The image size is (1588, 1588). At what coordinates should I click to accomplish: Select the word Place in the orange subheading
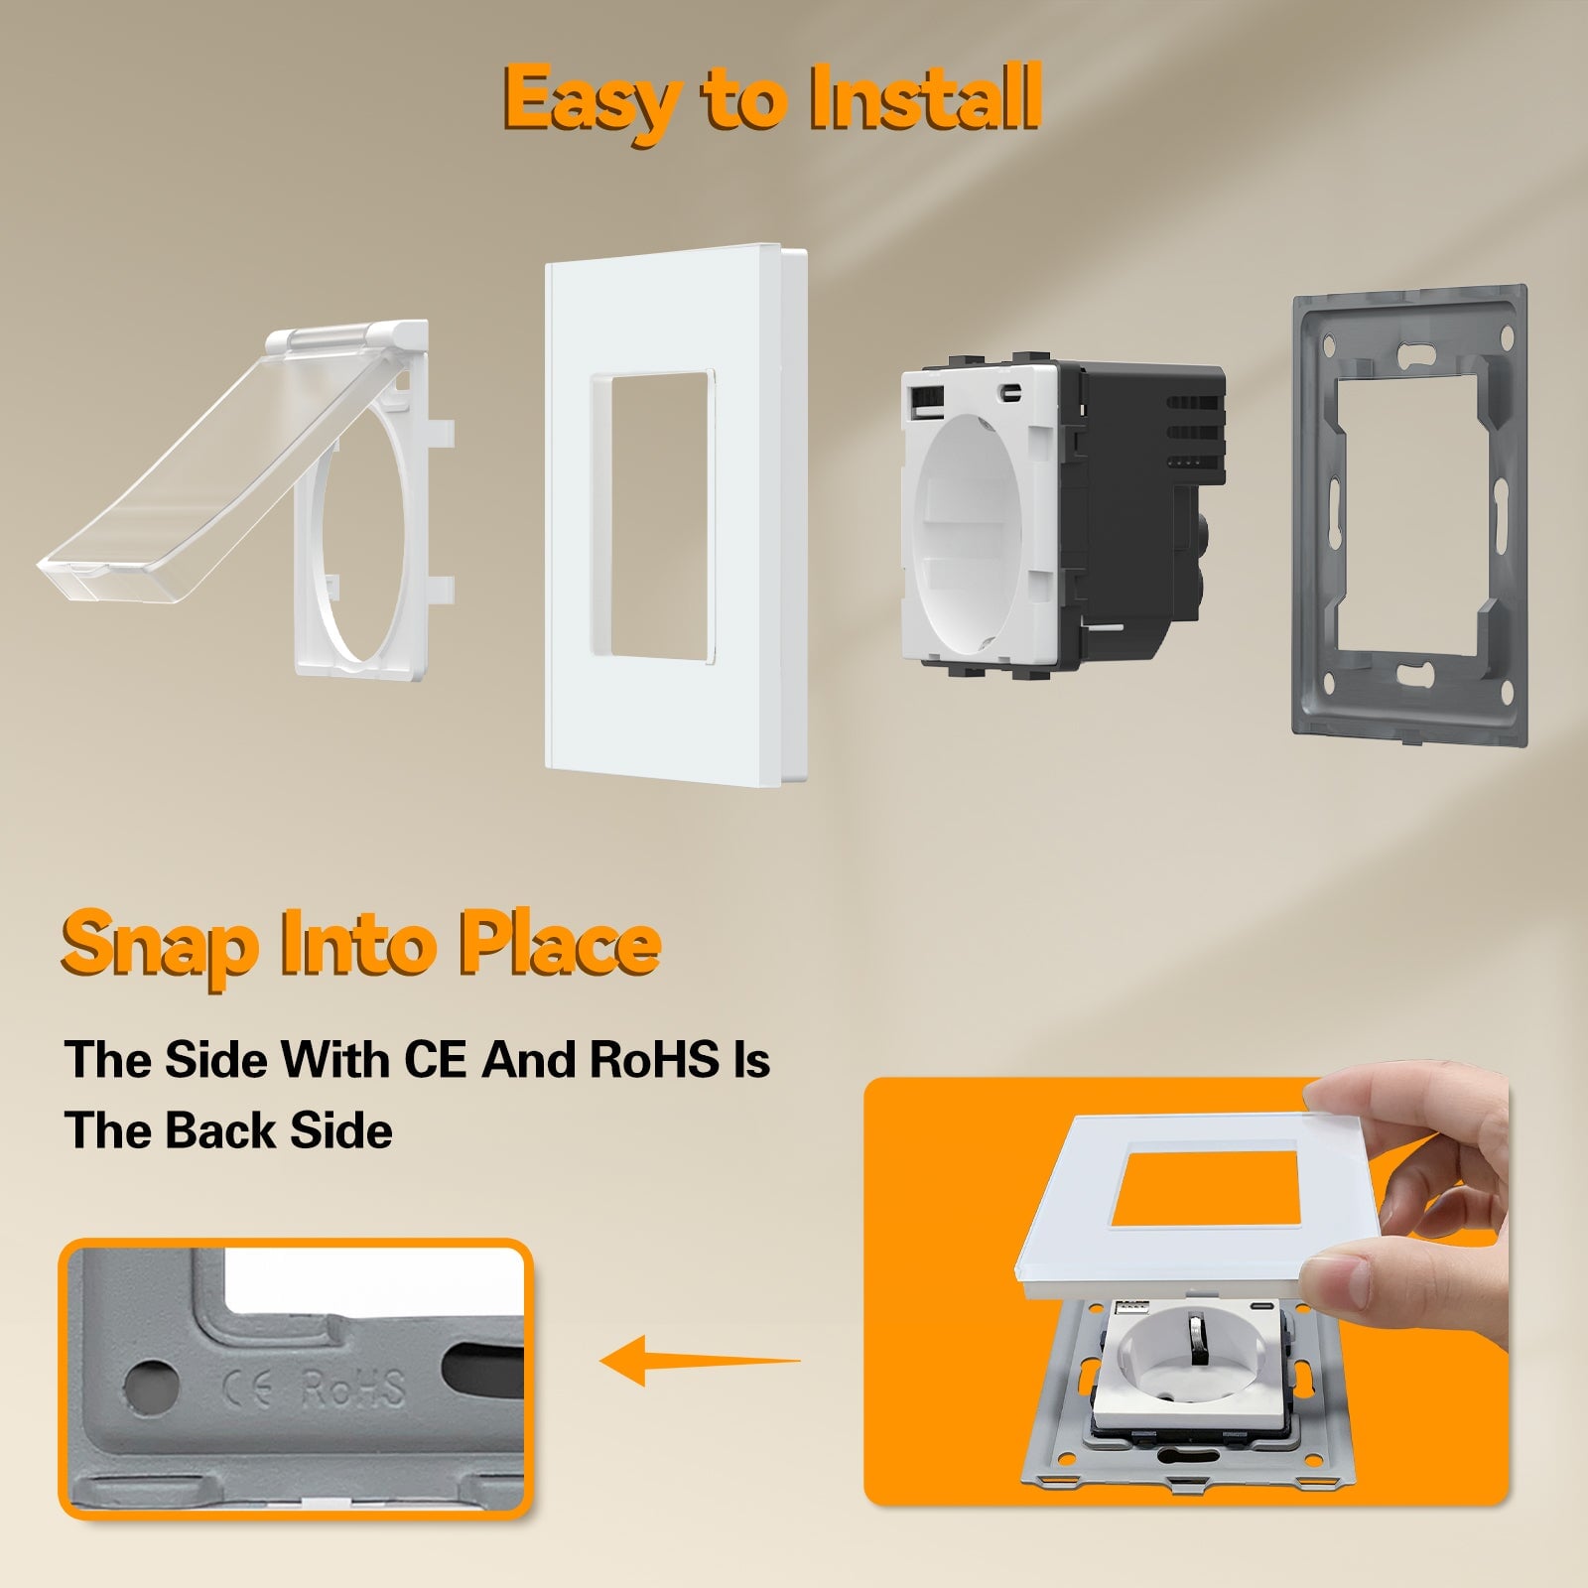click(560, 942)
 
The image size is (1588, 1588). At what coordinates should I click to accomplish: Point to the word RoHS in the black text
click(654, 1059)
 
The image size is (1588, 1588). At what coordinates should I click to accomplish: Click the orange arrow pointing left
click(700, 1359)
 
